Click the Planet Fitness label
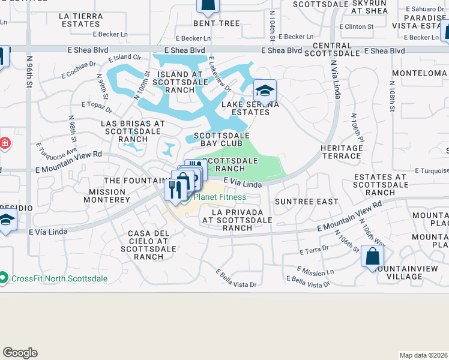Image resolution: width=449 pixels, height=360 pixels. tap(219, 197)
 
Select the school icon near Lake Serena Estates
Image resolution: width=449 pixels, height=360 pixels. tap(264, 92)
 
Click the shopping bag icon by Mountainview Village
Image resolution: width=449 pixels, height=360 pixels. tap(372, 257)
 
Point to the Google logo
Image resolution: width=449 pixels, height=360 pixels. tap(20, 353)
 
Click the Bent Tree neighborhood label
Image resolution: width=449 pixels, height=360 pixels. tap(216, 24)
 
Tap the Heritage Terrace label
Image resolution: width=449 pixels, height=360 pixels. tap(340, 152)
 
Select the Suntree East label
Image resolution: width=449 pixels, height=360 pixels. tap(306, 202)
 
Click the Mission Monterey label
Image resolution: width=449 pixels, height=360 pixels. tap(109, 195)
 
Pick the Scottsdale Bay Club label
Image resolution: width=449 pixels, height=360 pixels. tap(221, 140)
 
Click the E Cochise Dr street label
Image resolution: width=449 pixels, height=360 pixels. tap(79, 70)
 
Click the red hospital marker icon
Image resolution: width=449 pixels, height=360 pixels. tap(4, 143)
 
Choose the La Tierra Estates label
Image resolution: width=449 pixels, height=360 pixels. tap(80, 20)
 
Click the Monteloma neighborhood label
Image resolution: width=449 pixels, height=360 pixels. tap(419, 73)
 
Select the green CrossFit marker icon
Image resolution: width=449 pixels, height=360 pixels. tap(4, 278)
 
